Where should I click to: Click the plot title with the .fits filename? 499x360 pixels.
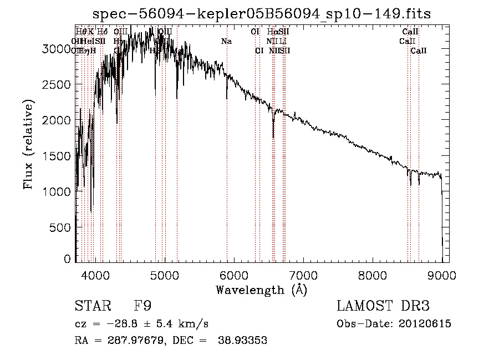[x=262, y=13]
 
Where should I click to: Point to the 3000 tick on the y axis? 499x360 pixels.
[x=57, y=49]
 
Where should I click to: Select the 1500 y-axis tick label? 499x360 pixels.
[x=57, y=156]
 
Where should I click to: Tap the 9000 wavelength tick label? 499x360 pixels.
[x=442, y=274]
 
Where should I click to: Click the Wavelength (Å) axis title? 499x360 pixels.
[x=261, y=290]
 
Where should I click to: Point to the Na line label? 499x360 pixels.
[x=226, y=41]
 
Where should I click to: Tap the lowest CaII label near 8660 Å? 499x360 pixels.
[x=419, y=50]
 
